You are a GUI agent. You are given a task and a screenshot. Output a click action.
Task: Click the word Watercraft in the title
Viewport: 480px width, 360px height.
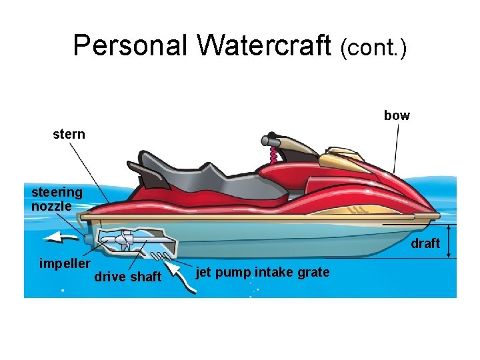point(265,45)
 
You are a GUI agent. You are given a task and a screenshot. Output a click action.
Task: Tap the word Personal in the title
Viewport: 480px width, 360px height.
point(131,45)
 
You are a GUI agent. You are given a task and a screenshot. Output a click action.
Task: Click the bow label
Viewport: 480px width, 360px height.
point(397,116)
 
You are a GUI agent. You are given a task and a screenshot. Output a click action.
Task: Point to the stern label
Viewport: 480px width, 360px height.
point(69,134)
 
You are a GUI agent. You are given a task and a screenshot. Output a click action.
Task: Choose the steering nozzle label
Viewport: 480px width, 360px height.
point(57,199)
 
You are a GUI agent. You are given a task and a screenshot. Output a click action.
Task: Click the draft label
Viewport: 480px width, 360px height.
point(425,243)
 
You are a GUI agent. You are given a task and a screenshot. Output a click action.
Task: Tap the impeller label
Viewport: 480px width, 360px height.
point(64,263)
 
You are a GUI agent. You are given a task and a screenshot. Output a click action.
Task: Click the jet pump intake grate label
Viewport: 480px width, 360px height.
point(263,272)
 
